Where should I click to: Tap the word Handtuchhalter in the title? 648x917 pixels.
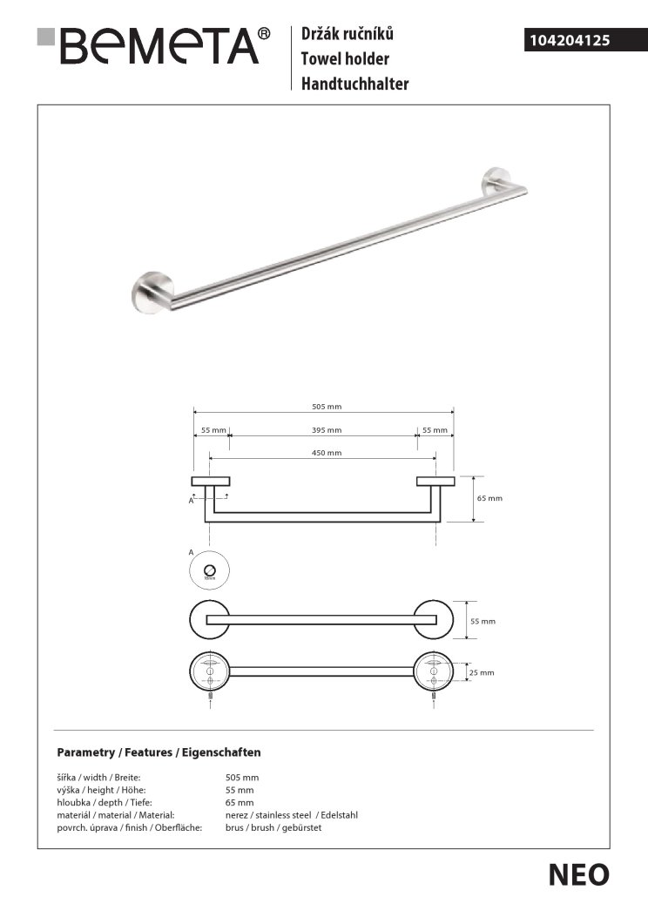[x=354, y=84]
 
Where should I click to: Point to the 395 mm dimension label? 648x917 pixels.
[x=327, y=430]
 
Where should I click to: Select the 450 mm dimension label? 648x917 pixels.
[x=327, y=453]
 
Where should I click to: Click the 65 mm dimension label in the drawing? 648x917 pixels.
[x=490, y=498]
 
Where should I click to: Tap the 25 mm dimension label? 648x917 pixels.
[x=482, y=672]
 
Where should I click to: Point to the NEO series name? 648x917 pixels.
[x=578, y=874]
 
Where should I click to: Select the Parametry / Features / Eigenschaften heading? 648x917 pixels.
[x=159, y=752]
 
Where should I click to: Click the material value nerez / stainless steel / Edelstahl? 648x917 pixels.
[x=292, y=815]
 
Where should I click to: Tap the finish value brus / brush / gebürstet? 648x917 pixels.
[x=273, y=827]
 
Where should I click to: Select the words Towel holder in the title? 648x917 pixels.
[x=345, y=59]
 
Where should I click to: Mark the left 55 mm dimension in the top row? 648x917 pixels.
[x=213, y=430]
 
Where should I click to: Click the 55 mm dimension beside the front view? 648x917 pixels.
[x=482, y=621]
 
